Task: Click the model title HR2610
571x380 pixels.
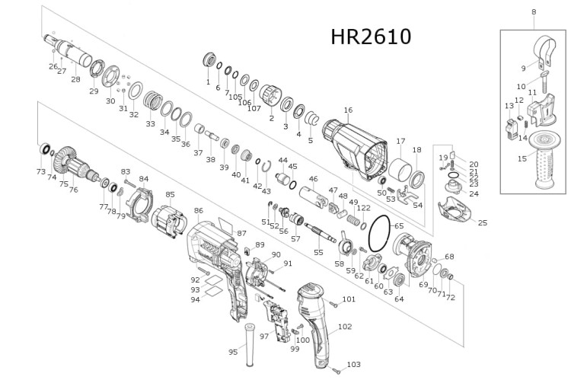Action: click(371, 37)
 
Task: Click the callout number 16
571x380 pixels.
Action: click(348, 110)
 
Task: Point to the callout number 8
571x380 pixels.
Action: click(533, 11)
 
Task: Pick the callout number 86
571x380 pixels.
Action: click(198, 209)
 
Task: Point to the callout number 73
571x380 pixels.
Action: click(40, 172)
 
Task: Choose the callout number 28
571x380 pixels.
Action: click(75, 79)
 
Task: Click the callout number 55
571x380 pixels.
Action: click(318, 252)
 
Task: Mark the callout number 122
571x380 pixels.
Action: click(364, 208)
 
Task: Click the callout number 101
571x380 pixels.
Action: click(348, 299)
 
